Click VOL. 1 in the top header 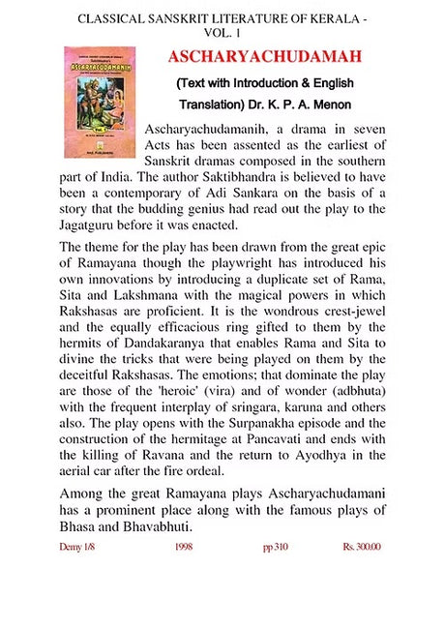click(222, 32)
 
